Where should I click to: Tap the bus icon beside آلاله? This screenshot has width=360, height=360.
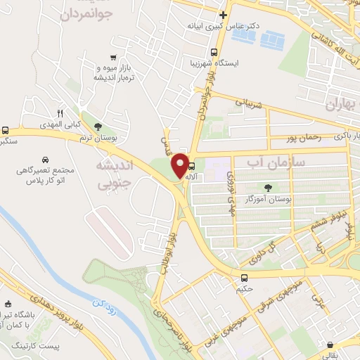pos(193,167)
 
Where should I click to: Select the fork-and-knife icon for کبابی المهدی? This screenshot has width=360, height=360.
pos(60,112)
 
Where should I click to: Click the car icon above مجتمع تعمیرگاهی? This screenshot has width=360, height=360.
pos(45,160)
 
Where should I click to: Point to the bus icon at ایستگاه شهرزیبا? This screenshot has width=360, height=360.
pos(214,52)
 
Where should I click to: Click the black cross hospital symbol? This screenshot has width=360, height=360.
pos(223,15)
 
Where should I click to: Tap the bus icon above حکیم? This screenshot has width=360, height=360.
pos(244,277)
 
